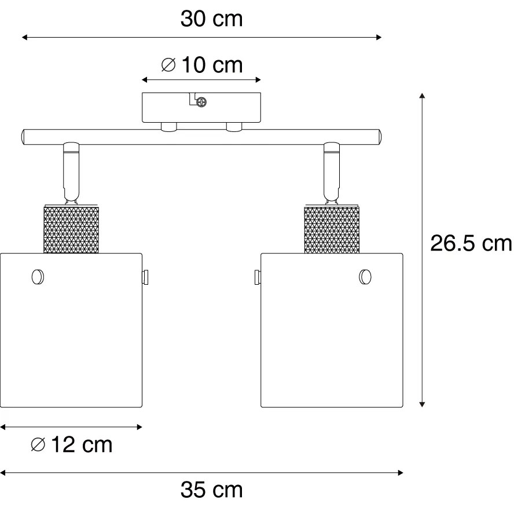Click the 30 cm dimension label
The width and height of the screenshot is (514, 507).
[x=211, y=19]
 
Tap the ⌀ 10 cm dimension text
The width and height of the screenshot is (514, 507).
[x=202, y=65]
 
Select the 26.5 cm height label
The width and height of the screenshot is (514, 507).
[x=471, y=244]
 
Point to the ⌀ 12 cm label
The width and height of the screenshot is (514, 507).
[x=71, y=444]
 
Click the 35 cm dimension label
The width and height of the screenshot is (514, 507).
[x=211, y=490]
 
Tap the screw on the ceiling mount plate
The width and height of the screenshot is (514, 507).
[x=201, y=102]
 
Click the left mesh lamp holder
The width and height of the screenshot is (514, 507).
[x=71, y=229]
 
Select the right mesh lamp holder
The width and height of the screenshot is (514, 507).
[x=332, y=229]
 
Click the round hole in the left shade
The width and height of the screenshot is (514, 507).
[x=38, y=277]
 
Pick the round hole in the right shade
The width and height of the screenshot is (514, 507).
[x=365, y=277]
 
